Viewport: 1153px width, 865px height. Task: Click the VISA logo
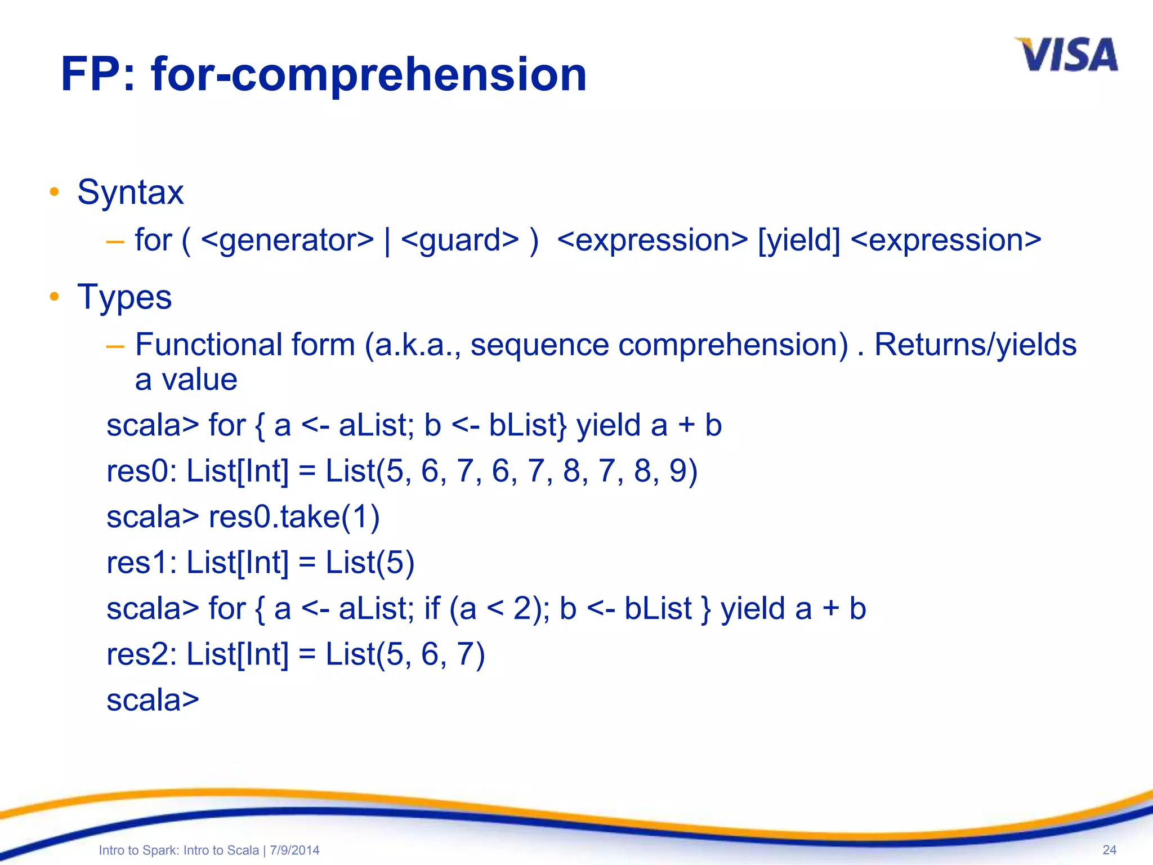[1066, 55]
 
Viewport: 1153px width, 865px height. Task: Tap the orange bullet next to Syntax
[54, 192]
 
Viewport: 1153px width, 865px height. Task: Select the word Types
[124, 297]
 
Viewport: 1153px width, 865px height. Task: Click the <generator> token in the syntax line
[287, 240]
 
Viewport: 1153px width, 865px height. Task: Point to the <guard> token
[460, 240]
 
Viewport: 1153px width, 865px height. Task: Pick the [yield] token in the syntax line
[799, 240]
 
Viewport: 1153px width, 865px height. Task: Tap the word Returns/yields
[975, 345]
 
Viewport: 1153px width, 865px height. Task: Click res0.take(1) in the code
[294, 516]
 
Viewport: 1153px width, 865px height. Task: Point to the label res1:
[142, 563]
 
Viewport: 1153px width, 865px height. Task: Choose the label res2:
[142, 654]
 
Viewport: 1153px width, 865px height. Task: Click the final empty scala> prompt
[153, 701]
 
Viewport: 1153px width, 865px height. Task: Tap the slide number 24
[1109, 850]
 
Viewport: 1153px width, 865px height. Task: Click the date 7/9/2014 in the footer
[294, 850]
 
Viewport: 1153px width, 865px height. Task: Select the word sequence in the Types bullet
[539, 345]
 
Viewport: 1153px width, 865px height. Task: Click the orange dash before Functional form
[115, 346]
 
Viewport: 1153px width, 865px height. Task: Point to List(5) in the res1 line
[370, 563]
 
